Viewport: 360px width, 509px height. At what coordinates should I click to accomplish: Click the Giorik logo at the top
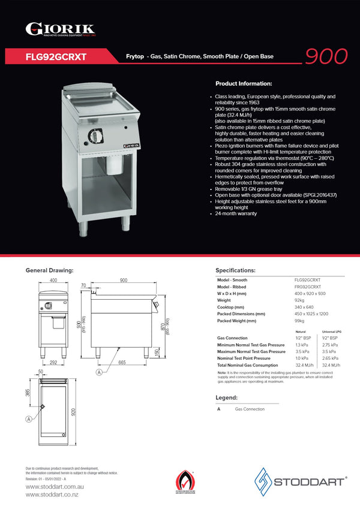[x=60, y=28]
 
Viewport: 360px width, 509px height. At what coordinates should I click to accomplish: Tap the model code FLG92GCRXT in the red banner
[x=56, y=57]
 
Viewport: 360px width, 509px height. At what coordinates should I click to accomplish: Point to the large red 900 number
[x=326, y=55]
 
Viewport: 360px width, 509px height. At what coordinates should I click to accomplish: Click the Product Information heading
[x=244, y=83]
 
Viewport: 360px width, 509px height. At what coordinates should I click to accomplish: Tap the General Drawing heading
[x=49, y=270]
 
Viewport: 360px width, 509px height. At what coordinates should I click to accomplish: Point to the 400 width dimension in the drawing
[x=53, y=281]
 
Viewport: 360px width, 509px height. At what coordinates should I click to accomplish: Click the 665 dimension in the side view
[x=122, y=363]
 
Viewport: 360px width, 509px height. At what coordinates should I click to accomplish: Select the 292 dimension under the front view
[x=53, y=362]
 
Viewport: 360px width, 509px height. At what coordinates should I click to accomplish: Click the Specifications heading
[x=235, y=270]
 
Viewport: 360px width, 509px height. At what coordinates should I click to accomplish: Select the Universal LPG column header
[x=332, y=332]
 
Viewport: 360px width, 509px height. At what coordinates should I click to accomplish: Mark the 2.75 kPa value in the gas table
[x=330, y=345]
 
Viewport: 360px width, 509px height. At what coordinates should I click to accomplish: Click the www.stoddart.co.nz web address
[x=52, y=494]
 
